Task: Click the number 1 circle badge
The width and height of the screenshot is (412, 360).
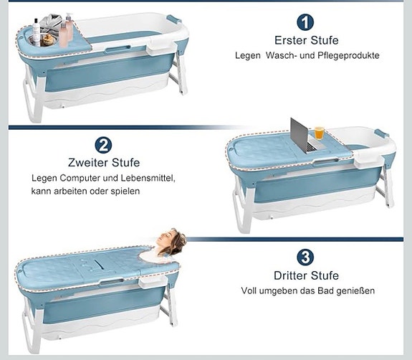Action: pyautogui.click(x=306, y=22)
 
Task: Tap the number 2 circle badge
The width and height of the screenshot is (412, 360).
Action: pyautogui.click(x=104, y=145)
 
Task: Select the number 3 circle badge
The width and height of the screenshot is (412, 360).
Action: pyautogui.click(x=306, y=257)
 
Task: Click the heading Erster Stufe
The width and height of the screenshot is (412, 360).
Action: pyautogui.click(x=307, y=40)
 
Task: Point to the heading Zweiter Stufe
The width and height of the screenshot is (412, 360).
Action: pyautogui.click(x=105, y=162)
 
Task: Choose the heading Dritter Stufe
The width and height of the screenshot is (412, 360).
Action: pyautogui.click(x=307, y=275)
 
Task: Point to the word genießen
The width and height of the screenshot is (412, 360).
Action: pyautogui.click(x=356, y=290)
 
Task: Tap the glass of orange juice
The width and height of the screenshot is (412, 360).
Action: pyautogui.click(x=319, y=133)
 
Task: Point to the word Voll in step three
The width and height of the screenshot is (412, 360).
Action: pyautogui.click(x=249, y=290)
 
